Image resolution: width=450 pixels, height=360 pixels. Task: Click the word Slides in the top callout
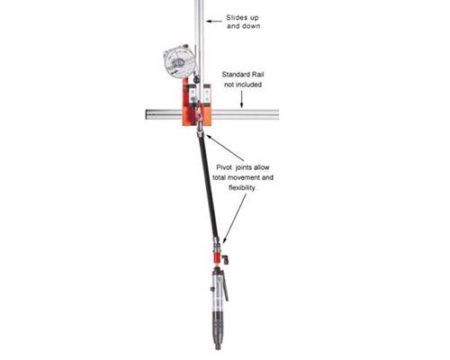coord(240,18)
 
